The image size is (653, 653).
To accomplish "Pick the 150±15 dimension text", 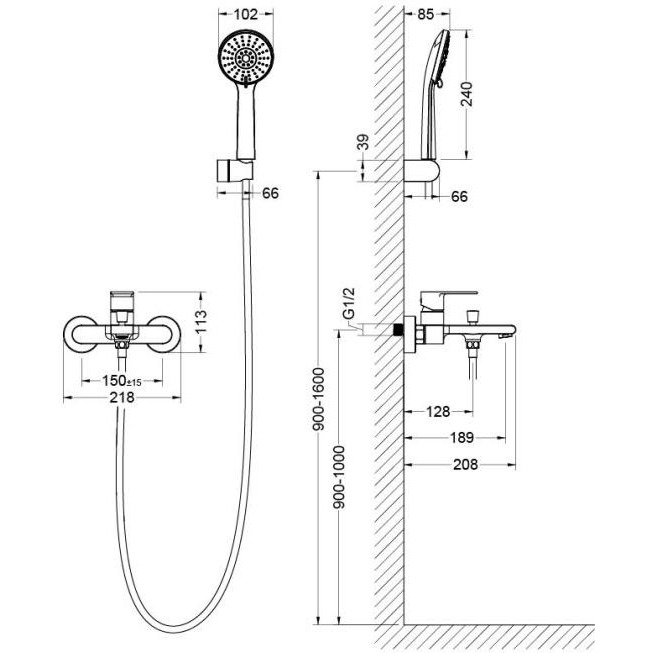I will (125, 380).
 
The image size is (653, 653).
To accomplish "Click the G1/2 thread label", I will (348, 305).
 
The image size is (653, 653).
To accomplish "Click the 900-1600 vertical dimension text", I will (317, 401).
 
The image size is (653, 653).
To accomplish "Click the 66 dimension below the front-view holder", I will (269, 193).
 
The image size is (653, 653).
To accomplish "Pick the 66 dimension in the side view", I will (459, 197).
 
